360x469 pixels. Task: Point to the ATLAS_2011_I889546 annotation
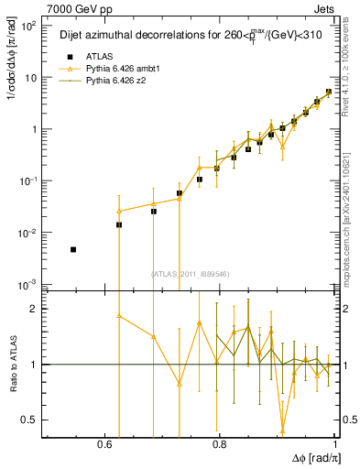point(191,273)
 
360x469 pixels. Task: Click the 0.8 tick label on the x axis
point(219,443)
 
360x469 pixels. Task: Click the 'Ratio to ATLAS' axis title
point(12,364)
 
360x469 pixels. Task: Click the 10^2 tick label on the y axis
point(28,26)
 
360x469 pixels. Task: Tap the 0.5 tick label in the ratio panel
point(30,420)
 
